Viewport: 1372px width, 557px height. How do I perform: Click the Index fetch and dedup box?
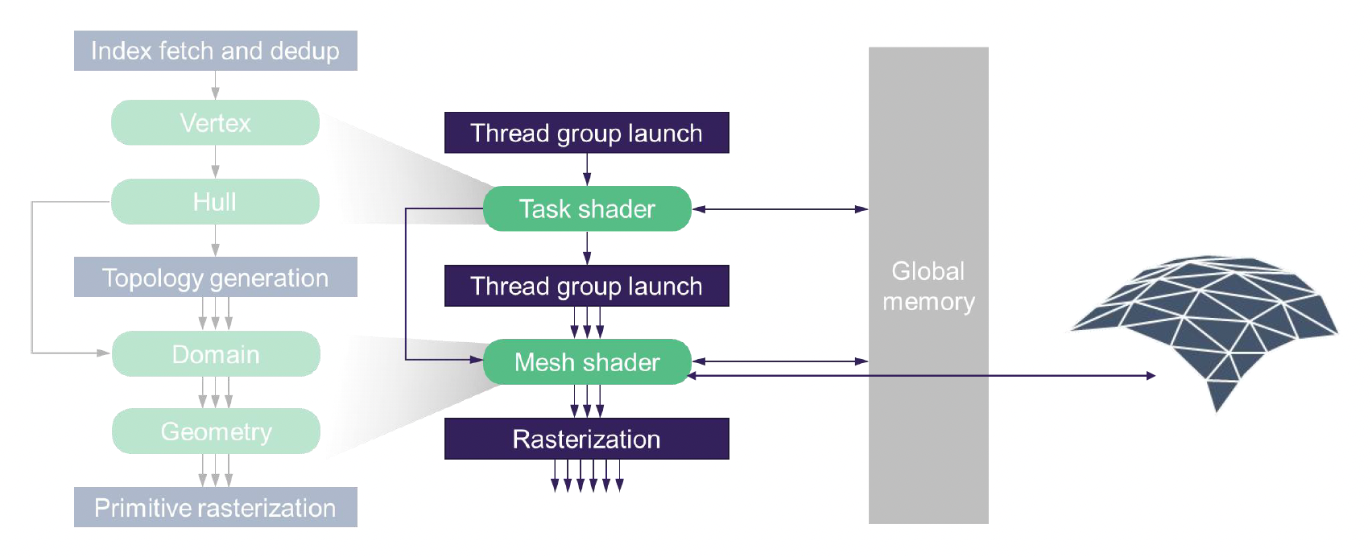215,51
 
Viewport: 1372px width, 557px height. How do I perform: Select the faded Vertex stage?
215,122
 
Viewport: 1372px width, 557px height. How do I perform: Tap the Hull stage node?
215,201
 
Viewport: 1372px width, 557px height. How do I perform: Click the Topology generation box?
215,278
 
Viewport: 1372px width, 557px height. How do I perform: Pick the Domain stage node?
216,354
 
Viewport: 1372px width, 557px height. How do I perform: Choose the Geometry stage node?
216,431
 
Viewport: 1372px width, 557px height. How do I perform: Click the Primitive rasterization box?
215,507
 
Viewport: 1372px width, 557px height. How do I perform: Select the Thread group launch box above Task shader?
586,133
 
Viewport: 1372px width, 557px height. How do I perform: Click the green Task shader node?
587,208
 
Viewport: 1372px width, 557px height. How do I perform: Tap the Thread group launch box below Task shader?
586,286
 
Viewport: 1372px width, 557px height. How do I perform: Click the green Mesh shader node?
587,362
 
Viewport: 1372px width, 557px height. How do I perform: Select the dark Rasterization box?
586,439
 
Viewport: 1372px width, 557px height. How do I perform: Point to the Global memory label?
928,286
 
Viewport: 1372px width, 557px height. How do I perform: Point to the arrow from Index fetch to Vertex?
215,85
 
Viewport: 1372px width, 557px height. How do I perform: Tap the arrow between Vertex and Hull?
215,162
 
